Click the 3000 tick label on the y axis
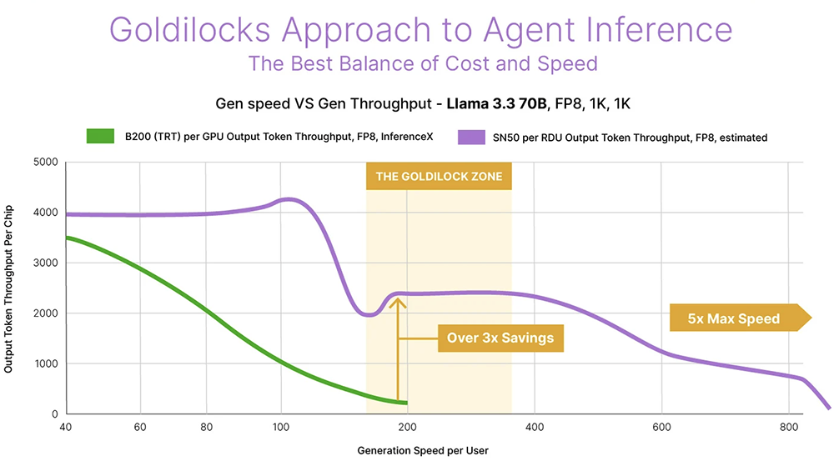click(x=46, y=263)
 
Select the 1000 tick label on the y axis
click(x=46, y=364)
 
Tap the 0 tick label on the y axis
click(x=53, y=414)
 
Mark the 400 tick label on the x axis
click(x=533, y=428)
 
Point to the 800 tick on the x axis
click(x=789, y=428)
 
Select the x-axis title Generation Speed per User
click(x=423, y=451)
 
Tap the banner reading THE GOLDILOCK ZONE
click(x=439, y=177)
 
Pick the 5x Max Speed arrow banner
click(x=737, y=318)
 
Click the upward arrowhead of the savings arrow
click(x=399, y=303)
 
